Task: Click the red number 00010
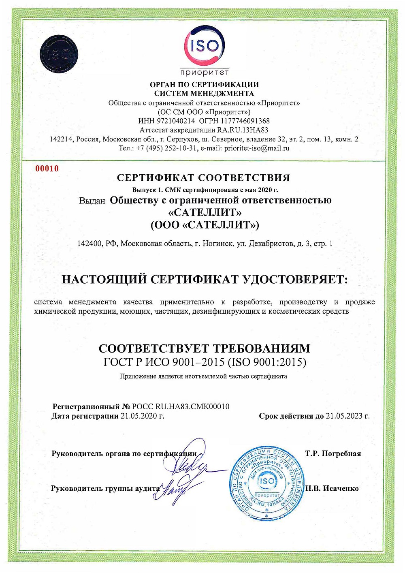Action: pyautogui.click(x=47, y=169)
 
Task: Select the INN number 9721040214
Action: pyautogui.click(x=173, y=121)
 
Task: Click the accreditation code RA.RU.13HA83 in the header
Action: pyautogui.click(x=242, y=130)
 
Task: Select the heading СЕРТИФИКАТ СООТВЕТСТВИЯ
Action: pyautogui.click(x=203, y=178)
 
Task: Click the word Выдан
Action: pyautogui.click(x=92, y=201)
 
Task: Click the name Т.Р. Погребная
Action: pyautogui.click(x=333, y=453)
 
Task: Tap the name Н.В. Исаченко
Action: pyautogui.click(x=332, y=488)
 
